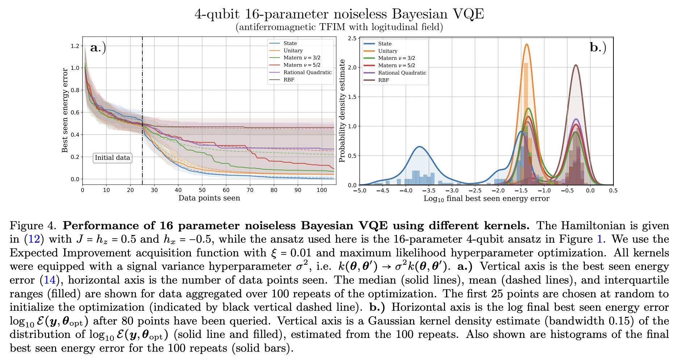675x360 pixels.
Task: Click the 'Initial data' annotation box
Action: click(112, 158)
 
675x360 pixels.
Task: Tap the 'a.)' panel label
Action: click(98, 47)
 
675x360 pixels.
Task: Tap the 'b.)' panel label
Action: click(598, 47)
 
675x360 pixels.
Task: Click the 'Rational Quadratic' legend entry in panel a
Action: click(307, 72)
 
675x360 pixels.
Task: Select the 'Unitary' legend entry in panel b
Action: click(387, 51)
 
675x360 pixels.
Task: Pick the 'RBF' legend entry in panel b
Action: click(383, 80)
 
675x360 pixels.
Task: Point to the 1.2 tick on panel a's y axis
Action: click(75, 46)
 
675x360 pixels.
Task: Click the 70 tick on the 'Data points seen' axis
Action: click(250, 190)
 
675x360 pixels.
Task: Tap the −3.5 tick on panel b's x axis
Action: click(429, 191)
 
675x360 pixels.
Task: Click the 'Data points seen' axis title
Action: click(209, 198)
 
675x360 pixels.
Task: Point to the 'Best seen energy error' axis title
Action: click(65, 110)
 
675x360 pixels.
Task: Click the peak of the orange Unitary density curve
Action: click(527, 44)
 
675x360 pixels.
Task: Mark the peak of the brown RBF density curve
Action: click(575, 65)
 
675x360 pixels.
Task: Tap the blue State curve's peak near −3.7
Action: click(419, 147)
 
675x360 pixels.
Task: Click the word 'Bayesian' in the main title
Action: click(420, 14)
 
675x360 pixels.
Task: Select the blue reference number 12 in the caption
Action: click(34, 239)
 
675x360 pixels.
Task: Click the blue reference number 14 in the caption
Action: click(50, 280)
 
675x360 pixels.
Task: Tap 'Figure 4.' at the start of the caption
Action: click(33, 226)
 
